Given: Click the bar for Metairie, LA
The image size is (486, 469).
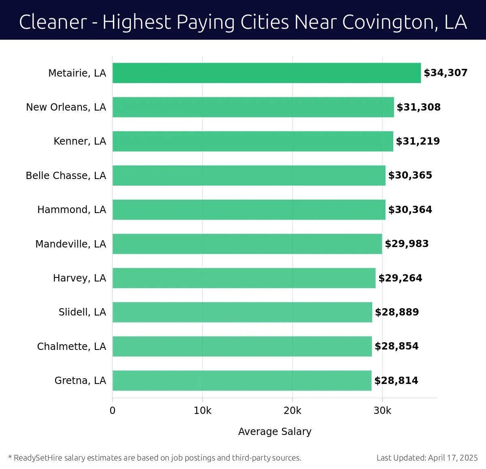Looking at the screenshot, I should [266, 73].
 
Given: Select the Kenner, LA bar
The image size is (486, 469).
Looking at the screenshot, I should [253, 141].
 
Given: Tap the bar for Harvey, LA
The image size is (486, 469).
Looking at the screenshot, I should [244, 278].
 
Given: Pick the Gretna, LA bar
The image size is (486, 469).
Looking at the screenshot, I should [242, 380].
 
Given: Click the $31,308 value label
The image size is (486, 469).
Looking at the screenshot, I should [418, 107].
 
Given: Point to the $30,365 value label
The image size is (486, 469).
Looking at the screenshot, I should [410, 175].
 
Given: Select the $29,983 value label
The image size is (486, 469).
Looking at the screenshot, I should [407, 244].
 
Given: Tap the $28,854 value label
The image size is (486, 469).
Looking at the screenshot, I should [396, 346].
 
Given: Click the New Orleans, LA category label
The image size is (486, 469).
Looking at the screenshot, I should [66, 107].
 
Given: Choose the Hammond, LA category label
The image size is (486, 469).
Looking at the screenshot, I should [72, 210].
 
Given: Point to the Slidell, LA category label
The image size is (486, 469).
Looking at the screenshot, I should [82, 312].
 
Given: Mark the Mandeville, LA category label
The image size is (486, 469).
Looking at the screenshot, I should [70, 244].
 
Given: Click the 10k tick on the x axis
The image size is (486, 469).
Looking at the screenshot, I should [202, 411].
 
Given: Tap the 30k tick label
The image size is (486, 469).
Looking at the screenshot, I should [382, 411].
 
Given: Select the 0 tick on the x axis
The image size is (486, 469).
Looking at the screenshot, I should [113, 411].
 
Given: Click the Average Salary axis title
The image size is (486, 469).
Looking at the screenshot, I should [275, 432].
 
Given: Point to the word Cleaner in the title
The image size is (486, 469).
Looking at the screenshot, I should [53, 22].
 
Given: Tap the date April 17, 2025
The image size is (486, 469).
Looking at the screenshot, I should [453, 458].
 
